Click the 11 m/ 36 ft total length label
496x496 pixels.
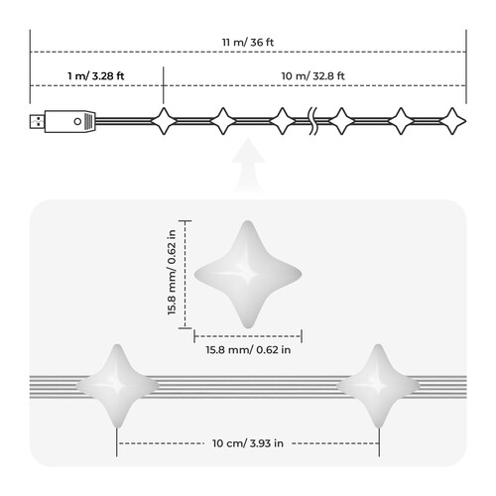tap(248, 43)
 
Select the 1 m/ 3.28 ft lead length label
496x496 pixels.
tap(96, 76)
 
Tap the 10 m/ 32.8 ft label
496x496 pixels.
tap(312, 76)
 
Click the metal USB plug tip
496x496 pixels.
tap(37, 121)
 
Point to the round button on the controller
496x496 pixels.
tap(77, 121)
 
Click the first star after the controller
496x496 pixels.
tap(164, 121)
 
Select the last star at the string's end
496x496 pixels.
tap(452, 121)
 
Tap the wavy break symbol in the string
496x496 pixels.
tap(312, 121)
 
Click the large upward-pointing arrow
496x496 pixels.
tap(248, 165)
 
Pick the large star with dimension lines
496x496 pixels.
tap(248, 275)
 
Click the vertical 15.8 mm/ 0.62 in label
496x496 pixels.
tap(172, 272)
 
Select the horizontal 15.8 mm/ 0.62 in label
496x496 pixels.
tap(248, 349)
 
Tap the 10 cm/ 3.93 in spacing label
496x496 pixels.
tap(248, 443)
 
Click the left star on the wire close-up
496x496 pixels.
tap(117, 386)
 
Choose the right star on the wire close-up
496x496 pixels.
tap(378, 386)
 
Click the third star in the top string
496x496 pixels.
tap(282, 121)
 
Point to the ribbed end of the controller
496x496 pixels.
tap(90, 121)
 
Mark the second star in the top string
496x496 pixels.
tap(223, 121)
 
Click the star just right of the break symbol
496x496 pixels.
tap(341, 121)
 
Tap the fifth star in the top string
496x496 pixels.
tap(401, 121)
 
